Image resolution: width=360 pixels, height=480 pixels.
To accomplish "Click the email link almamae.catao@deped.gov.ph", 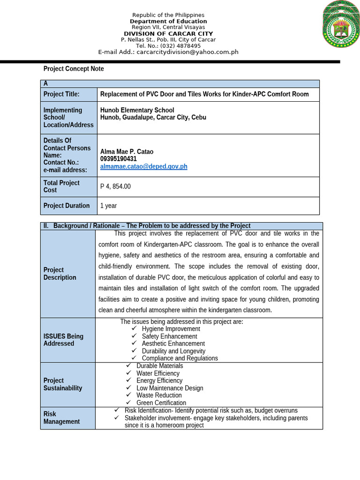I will (143, 166).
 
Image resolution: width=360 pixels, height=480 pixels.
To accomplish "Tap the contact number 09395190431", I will (118, 159).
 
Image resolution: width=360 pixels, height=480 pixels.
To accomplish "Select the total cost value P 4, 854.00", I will (115, 187).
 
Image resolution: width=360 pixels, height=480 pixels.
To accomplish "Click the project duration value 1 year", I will (109, 206).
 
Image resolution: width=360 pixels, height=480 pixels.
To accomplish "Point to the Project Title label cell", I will (61, 94).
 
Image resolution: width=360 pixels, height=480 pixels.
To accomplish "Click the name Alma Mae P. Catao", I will (127, 151).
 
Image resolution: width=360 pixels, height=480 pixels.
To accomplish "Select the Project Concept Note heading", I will (74, 69).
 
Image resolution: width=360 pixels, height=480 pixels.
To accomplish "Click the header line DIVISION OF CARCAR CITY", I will (168, 34).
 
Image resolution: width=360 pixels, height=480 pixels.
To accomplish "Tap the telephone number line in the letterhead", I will (168, 46).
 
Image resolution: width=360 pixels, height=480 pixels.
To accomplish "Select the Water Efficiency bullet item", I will (157, 374).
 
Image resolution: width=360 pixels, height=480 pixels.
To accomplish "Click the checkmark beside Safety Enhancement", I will (134, 336).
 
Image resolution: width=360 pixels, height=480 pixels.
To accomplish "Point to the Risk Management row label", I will (61, 418).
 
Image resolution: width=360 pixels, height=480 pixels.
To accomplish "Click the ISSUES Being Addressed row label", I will (63, 340).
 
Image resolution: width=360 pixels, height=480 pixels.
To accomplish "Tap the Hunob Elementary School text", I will (137, 110).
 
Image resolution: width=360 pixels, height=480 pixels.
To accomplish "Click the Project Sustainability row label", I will (63, 384).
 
